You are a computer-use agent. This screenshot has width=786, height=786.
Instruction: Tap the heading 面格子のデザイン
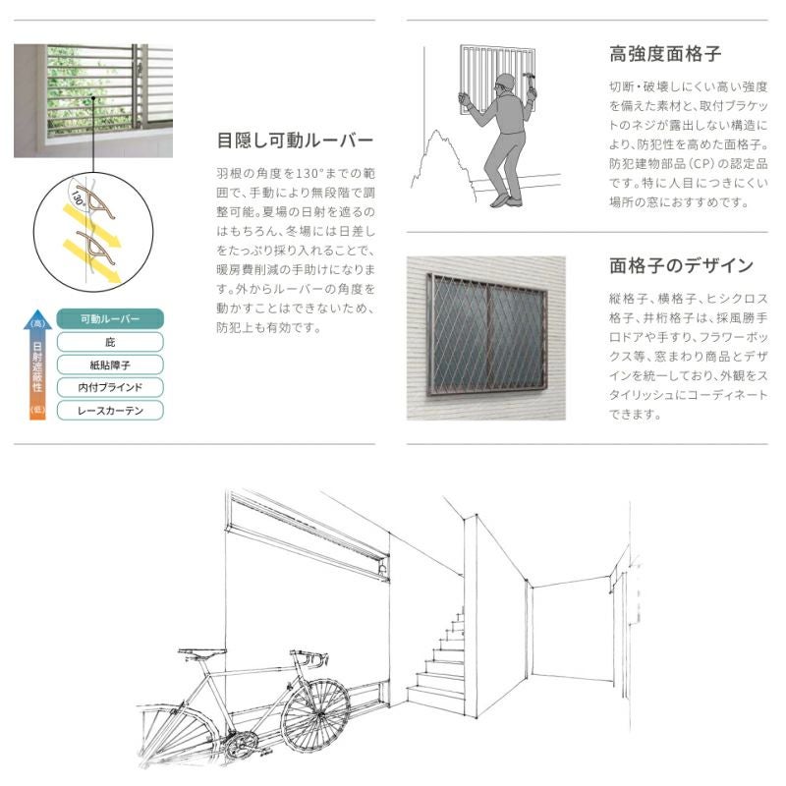[x=681, y=265]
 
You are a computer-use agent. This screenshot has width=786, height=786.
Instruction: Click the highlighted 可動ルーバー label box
[x=109, y=319]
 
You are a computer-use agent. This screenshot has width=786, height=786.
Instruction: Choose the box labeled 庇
[x=109, y=342]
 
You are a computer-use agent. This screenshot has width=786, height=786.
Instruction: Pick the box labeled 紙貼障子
[x=109, y=365]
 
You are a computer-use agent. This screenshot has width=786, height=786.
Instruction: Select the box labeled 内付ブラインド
[x=109, y=387]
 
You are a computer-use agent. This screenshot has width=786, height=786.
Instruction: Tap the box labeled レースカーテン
[x=109, y=410]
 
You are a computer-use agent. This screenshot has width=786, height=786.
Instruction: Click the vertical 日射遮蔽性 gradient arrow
[x=37, y=364]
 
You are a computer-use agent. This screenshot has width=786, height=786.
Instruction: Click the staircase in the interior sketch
[x=442, y=658]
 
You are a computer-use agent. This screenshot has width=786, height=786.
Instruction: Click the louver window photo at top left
[x=93, y=100]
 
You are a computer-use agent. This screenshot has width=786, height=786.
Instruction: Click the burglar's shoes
[x=503, y=199]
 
